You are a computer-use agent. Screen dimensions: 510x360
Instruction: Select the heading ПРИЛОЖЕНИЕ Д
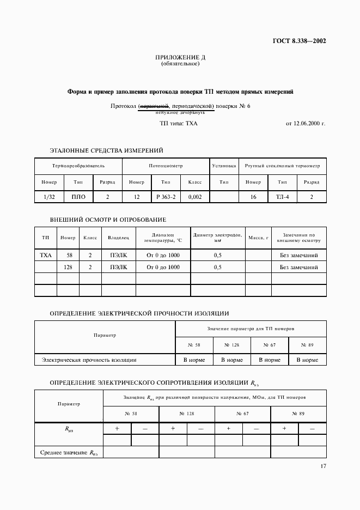180,57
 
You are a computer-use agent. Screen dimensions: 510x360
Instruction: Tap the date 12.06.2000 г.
305,124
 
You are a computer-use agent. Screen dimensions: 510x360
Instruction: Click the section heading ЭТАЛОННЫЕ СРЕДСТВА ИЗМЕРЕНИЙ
106,150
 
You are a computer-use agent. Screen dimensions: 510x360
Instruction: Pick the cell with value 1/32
45,197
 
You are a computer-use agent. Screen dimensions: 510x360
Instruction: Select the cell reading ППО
78,197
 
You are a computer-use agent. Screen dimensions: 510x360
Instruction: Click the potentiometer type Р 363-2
166,197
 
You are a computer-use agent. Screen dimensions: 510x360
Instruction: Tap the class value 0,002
195,197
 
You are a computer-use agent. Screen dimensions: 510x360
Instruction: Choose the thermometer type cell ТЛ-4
282,197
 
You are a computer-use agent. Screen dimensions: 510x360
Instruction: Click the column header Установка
224,165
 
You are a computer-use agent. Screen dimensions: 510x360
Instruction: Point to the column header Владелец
118,238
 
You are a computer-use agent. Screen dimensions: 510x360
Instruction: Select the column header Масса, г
259,238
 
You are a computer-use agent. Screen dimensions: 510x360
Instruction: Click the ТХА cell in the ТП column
46,254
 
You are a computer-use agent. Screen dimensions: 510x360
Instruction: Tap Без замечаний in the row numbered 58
298,254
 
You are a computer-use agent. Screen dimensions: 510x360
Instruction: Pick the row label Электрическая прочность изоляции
89,360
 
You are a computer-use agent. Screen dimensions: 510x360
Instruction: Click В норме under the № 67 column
270,360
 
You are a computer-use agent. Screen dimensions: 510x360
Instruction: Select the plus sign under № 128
173,429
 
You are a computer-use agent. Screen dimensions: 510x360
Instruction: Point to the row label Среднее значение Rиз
69,452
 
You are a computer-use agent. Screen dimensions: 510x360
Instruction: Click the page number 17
323,466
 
